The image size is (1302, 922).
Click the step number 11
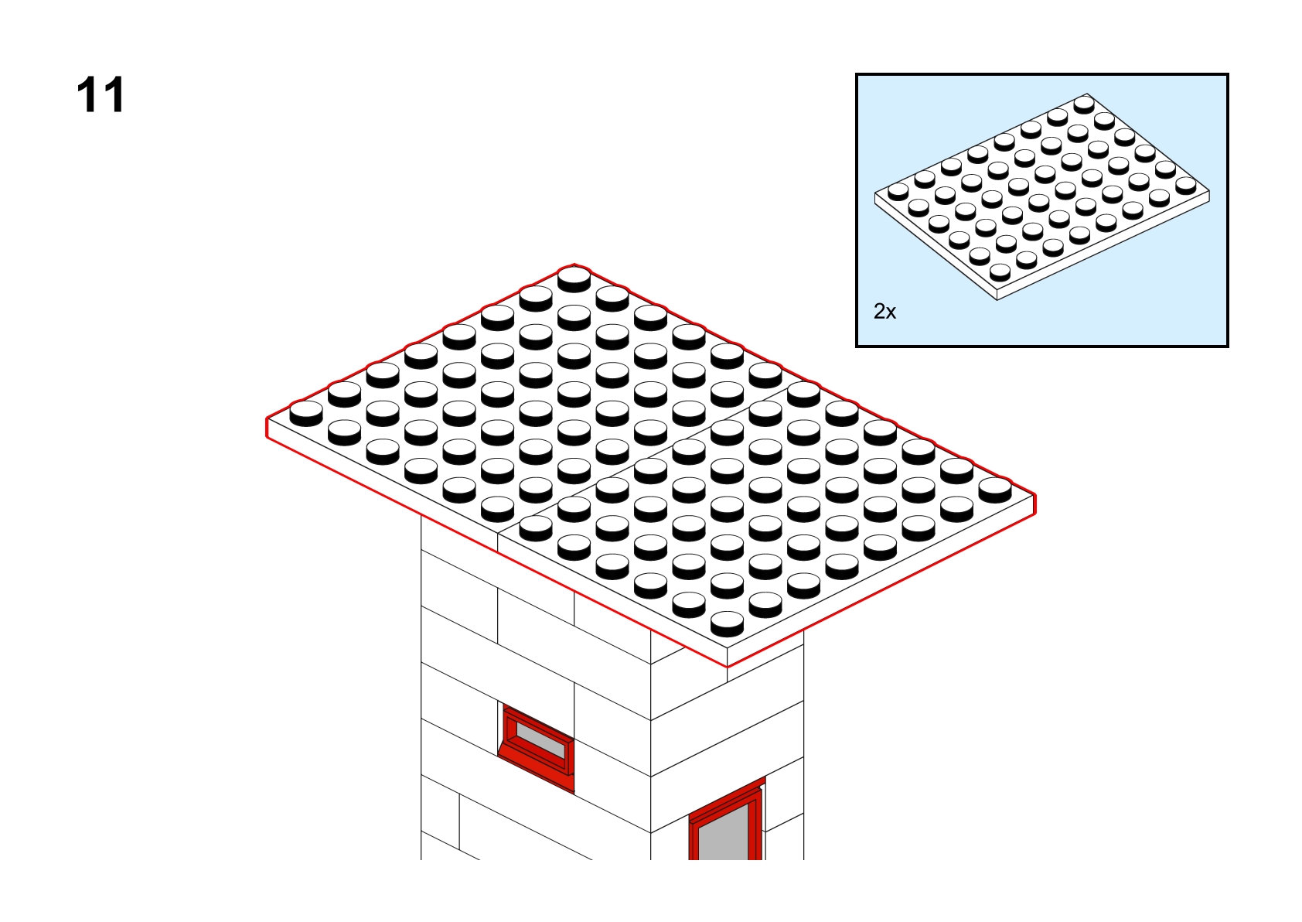tap(100, 94)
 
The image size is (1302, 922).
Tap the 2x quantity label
tap(884, 312)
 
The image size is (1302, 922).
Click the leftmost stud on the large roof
tap(306, 413)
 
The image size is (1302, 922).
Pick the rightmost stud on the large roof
tap(995, 490)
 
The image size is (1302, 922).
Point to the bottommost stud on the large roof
tap(727, 623)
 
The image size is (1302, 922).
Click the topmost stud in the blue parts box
tap(1084, 104)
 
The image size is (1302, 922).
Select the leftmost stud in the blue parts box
tap(898, 191)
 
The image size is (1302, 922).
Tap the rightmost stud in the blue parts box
tap(1186, 186)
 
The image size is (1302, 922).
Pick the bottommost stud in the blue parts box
tap(1000, 272)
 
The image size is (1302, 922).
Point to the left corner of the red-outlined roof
tap(267, 418)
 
